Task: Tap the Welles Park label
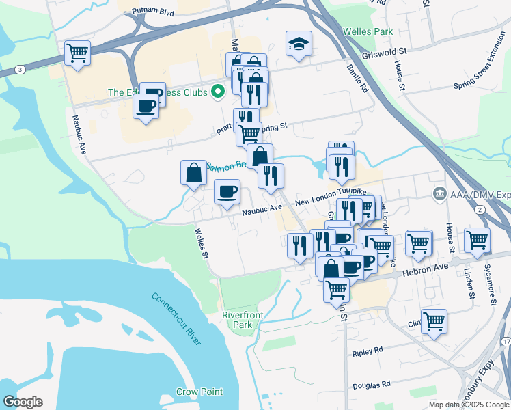coord(368,31)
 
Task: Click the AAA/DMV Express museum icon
coord(440,195)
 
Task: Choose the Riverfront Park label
coord(242,319)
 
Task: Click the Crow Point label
coord(199,392)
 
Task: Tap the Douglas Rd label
coord(372,385)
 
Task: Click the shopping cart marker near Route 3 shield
coord(78,53)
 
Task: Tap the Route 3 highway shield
coord(21,70)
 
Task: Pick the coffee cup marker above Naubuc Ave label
coord(227,192)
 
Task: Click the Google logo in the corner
coord(23,401)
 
